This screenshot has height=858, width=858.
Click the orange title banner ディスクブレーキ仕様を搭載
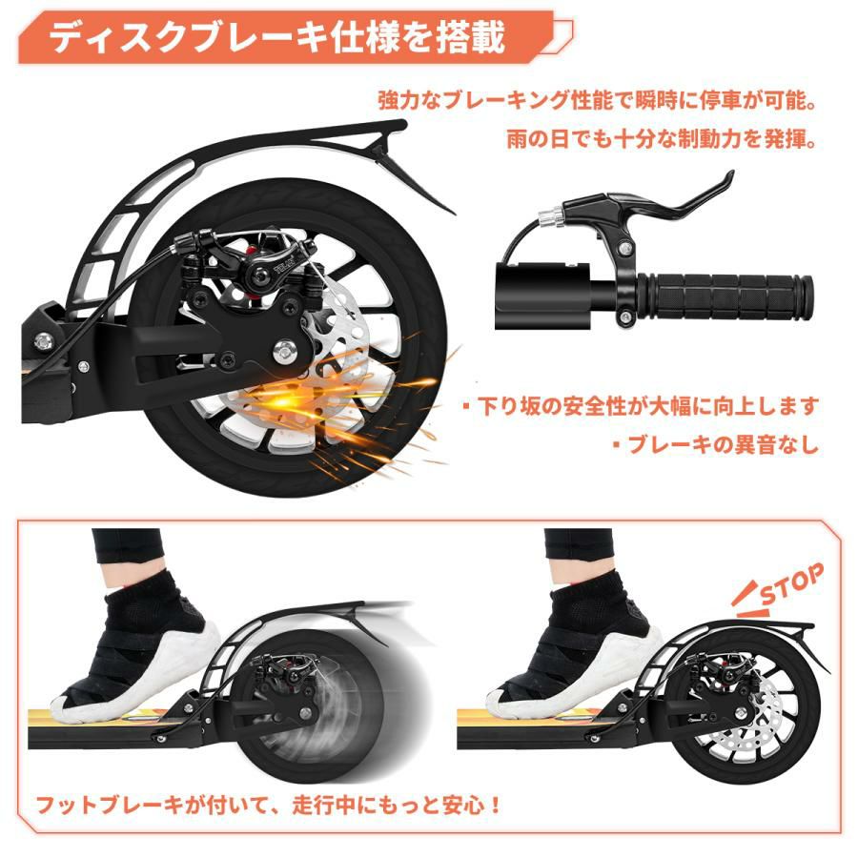pyautogui.click(x=296, y=40)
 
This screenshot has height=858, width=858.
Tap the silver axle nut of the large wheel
pyautogui.click(x=283, y=350)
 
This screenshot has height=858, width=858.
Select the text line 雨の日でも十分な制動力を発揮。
pyautogui.click(x=662, y=139)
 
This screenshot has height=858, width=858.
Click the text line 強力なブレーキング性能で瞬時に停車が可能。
pyautogui.click(x=598, y=101)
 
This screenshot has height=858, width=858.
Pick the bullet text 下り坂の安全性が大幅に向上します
pyautogui.click(x=641, y=406)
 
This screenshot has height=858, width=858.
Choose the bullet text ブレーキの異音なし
pyautogui.click(x=716, y=444)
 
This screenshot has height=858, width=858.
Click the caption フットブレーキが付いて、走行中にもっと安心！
pyautogui.click(x=268, y=805)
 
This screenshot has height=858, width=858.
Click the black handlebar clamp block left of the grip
pyautogui.click(x=541, y=296)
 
